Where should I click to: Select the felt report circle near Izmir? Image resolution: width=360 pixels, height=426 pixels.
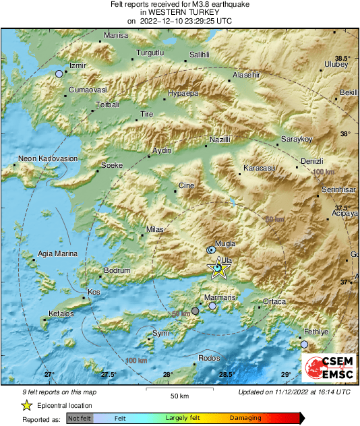tap(59, 73)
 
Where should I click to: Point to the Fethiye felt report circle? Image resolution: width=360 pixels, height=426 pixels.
tap(304, 344)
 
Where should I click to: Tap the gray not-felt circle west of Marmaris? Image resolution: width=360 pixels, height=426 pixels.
tap(195, 311)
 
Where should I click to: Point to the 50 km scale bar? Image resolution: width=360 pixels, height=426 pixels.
tap(179, 390)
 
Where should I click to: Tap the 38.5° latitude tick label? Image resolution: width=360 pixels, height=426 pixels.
tap(343, 59)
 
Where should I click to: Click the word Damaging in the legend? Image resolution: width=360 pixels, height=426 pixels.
tap(246, 419)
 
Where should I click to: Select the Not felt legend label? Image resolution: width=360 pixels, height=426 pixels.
tap(80, 419)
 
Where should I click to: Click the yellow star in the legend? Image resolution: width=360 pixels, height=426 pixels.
tap(26, 405)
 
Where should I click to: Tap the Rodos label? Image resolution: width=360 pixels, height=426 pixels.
tap(209, 358)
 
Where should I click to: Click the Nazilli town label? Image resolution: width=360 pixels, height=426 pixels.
tap(220, 139)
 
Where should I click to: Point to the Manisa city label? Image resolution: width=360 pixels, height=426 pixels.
tap(116, 35)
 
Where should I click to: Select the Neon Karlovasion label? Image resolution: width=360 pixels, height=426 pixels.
tap(48, 158)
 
